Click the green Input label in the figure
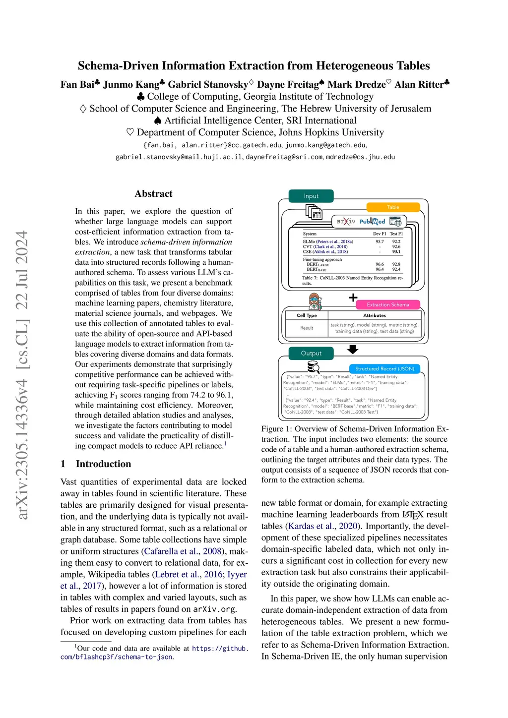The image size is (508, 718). point(311,196)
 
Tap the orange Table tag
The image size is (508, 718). point(393,207)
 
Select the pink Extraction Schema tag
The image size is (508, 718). point(387,304)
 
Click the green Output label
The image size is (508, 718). point(311,353)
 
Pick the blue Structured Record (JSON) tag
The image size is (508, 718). point(384,368)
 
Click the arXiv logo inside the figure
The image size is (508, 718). point(346,221)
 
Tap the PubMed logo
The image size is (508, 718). point(372,222)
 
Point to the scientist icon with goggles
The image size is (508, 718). point(315,301)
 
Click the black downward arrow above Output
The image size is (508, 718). point(353,350)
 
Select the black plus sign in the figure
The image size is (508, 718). point(353,298)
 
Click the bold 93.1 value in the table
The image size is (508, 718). point(396,251)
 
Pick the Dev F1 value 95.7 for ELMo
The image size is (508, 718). point(380,241)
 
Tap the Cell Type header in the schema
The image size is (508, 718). point(307,315)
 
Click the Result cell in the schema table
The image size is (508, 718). point(307,328)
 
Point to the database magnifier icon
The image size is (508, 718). point(313,367)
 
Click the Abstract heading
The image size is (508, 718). point(153,194)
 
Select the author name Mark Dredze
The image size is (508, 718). point(356,84)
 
